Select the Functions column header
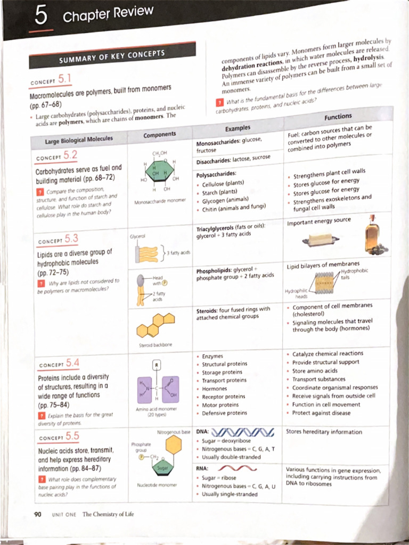point(338,116)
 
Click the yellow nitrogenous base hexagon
point(173,445)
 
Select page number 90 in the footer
point(38,514)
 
